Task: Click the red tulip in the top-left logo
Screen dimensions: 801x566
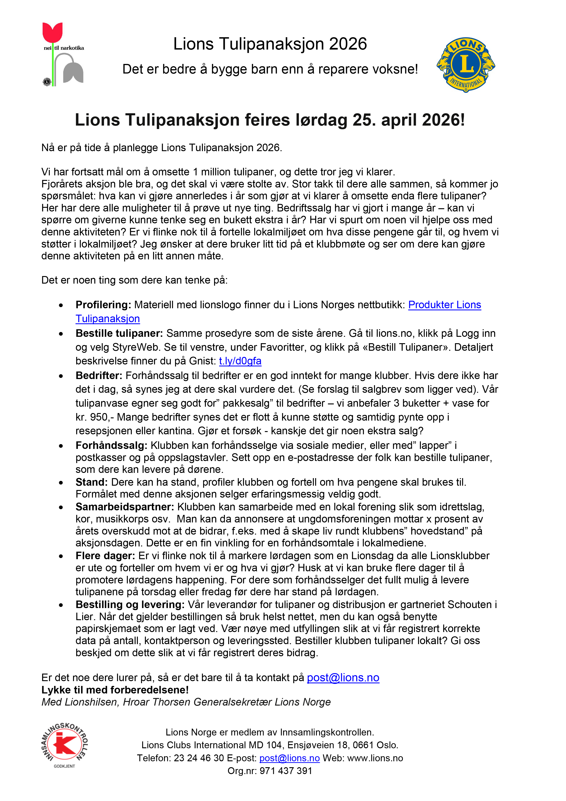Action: [x=52, y=32]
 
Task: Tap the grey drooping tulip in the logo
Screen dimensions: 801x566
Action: [x=73, y=72]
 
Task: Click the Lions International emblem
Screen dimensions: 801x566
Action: [x=466, y=65]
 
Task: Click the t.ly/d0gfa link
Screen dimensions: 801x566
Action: [x=240, y=361]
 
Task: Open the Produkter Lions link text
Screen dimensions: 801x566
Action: [x=444, y=305]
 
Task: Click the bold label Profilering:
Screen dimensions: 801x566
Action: [x=103, y=305]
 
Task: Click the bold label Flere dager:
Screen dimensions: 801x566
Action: [x=105, y=556]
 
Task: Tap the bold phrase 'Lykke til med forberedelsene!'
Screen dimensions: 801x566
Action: [x=115, y=690]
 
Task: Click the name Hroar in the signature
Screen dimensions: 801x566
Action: [x=138, y=702]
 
